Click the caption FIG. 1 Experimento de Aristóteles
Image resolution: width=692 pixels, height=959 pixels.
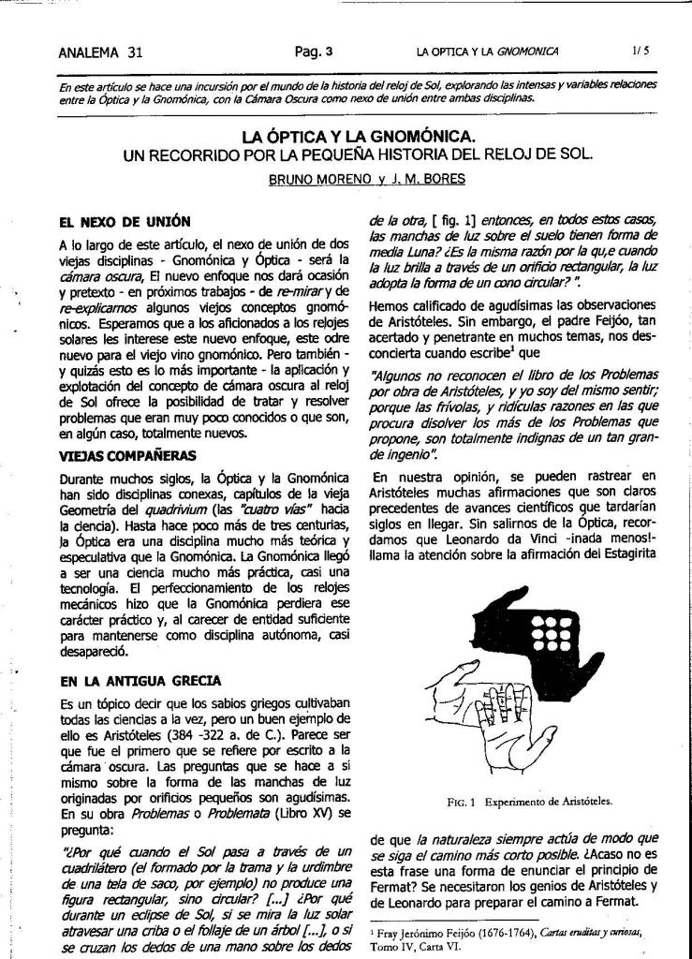[x=530, y=802]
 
